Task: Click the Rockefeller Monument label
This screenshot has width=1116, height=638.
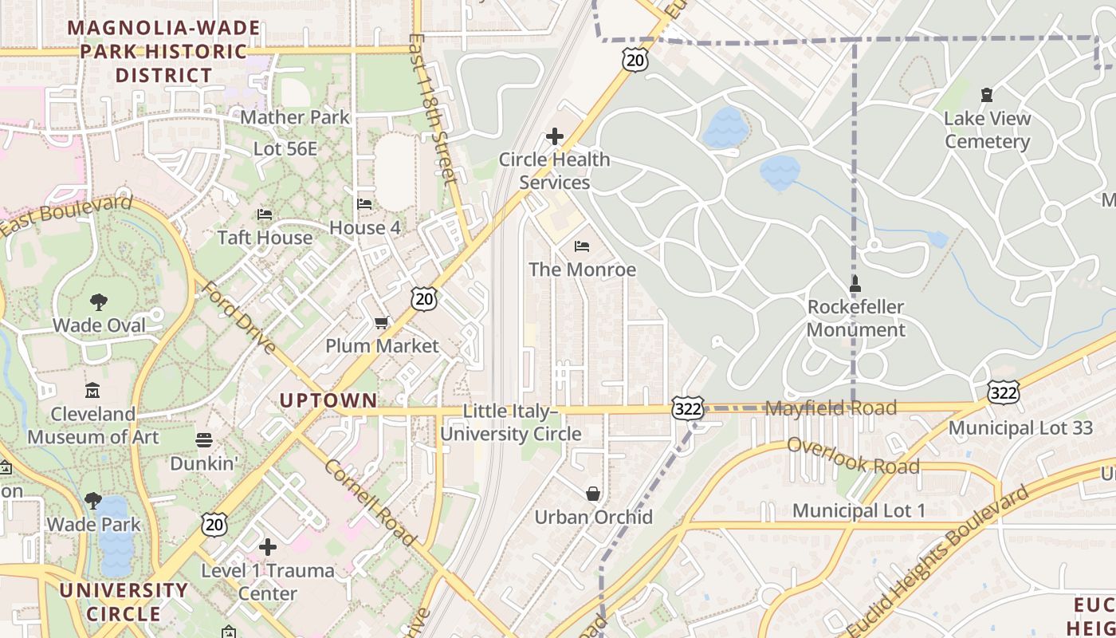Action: click(856, 318)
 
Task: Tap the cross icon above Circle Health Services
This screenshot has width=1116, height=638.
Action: click(555, 136)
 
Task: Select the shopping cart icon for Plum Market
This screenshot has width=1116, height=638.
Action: click(381, 323)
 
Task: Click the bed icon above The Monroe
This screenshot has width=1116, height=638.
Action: click(582, 246)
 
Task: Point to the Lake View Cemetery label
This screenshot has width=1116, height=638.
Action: click(987, 130)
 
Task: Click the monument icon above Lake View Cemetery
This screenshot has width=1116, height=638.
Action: click(987, 95)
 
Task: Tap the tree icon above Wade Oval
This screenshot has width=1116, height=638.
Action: click(99, 302)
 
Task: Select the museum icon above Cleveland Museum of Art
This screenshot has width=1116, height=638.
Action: click(92, 391)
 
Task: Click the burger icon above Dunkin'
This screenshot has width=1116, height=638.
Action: click(204, 440)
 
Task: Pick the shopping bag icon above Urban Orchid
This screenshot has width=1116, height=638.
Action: click(593, 494)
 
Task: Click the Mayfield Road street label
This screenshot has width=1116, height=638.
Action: click(831, 408)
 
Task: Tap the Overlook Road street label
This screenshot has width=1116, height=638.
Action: click(853, 456)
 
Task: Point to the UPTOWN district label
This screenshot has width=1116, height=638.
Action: click(328, 400)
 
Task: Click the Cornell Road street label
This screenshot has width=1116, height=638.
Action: click(370, 504)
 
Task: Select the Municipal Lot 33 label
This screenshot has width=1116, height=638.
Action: click(1020, 428)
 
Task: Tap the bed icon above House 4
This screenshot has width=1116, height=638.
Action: click(364, 204)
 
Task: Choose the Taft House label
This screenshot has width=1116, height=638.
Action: click(265, 238)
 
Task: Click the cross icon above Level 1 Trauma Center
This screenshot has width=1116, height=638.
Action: click(268, 547)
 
